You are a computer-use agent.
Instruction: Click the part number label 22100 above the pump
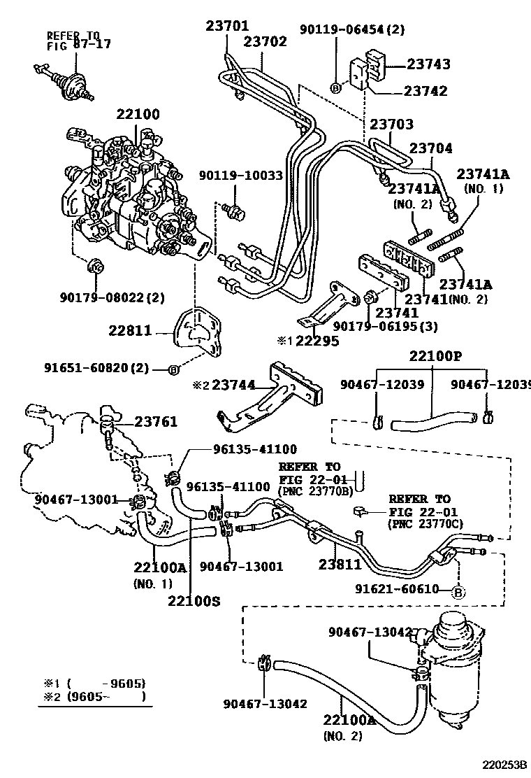click(138, 114)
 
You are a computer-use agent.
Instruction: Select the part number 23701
click(227, 27)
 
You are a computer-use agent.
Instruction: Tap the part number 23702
click(265, 42)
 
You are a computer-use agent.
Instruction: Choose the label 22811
click(130, 330)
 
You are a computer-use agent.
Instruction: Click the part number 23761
click(156, 421)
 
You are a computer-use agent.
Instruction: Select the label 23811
click(340, 564)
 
